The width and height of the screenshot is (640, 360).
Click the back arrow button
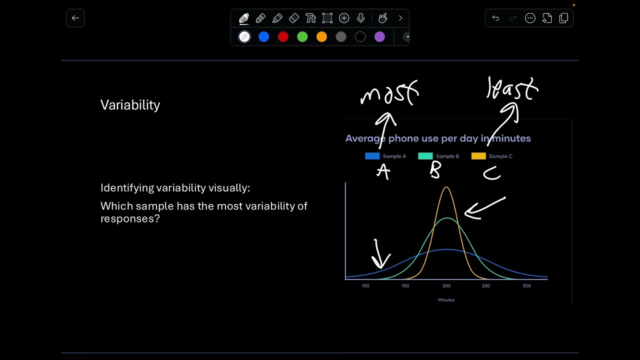click(75, 18)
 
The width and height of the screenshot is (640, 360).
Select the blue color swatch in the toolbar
click(263, 37)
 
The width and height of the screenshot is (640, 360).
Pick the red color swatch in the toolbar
click(283, 37)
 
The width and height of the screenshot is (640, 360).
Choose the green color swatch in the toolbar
click(302, 37)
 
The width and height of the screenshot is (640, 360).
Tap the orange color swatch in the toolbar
click(321, 37)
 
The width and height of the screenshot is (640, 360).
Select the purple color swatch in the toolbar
click(379, 37)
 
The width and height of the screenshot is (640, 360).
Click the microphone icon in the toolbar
click(360, 18)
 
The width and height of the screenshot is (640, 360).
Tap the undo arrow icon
click(495, 18)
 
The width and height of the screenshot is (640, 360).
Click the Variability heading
click(130, 105)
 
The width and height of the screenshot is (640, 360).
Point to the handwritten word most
click(389, 93)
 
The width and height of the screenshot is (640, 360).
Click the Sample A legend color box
click(372, 156)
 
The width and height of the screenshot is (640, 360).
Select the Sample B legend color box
click(425, 156)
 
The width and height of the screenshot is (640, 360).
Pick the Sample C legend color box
click(478, 156)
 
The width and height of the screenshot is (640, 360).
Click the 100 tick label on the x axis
click(365, 286)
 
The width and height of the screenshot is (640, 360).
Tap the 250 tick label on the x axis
click(486, 286)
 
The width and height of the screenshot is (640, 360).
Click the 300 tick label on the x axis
click(526, 286)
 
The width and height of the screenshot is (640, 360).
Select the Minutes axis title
click(446, 300)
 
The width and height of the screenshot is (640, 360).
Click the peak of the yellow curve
click(446, 187)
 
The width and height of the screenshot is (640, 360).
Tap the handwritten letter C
click(491, 173)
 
